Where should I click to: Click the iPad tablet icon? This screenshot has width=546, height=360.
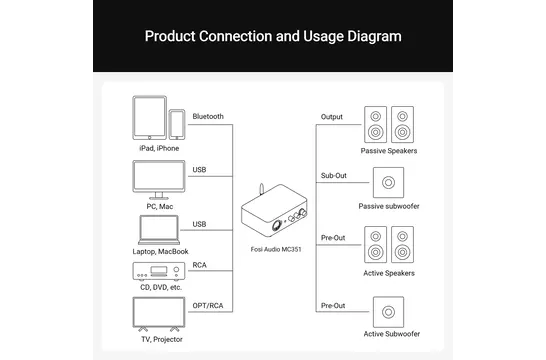click(x=149, y=118)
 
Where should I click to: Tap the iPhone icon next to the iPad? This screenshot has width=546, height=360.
click(x=177, y=125)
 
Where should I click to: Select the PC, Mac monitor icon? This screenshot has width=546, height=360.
click(x=159, y=180)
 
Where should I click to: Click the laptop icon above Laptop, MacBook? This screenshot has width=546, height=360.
click(x=159, y=230)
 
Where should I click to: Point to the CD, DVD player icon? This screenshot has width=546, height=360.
click(x=159, y=271)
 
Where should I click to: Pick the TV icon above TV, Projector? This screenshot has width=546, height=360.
click(x=159, y=314)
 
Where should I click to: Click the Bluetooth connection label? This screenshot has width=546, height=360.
click(x=208, y=116)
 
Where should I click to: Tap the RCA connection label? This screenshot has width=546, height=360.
click(x=200, y=265)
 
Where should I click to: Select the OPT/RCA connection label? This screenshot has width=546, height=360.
click(x=208, y=306)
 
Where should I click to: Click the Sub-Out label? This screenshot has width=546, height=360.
click(x=334, y=175)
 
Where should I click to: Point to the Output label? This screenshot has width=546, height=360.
click(x=332, y=117)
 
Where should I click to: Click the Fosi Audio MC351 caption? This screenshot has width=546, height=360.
click(x=276, y=249)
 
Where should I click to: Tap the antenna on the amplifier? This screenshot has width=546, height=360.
click(x=262, y=190)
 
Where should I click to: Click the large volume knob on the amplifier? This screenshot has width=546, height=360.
click(x=277, y=226)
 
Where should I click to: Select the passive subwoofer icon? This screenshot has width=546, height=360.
click(x=388, y=182)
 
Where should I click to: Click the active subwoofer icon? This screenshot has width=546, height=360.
click(x=388, y=312)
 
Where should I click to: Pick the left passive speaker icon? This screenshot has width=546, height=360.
click(x=375, y=124)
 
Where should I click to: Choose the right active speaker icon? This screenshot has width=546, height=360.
click(x=403, y=244)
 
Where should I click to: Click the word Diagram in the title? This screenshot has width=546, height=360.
click(x=374, y=36)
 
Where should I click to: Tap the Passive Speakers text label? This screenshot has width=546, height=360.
click(x=389, y=151)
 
